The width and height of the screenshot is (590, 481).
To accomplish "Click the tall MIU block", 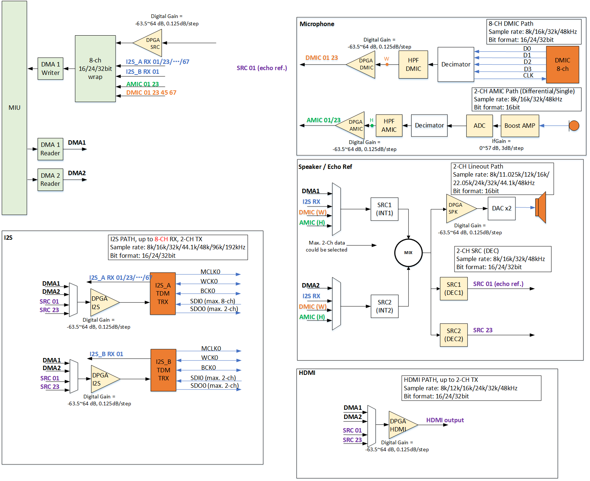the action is (14, 108).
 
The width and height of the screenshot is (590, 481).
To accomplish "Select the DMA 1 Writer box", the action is (50, 69).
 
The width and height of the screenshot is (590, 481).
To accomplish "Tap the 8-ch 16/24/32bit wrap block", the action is (95, 69).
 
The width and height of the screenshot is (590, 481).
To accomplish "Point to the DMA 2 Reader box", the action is (50, 180).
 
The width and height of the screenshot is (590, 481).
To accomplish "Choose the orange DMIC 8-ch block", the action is (562, 65).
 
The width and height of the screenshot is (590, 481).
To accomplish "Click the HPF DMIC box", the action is (413, 65).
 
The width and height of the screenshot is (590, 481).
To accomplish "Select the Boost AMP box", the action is (520, 126).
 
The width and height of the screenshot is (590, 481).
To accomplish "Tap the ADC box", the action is (479, 126).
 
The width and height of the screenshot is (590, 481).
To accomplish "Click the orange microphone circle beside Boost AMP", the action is (574, 126).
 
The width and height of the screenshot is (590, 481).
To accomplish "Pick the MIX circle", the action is (408, 253).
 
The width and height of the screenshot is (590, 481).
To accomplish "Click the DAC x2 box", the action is (502, 209).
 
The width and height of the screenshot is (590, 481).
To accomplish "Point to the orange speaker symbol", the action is (541, 207).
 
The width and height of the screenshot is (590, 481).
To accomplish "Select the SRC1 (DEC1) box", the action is (453, 289).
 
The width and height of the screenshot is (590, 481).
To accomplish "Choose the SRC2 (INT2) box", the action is (384, 306).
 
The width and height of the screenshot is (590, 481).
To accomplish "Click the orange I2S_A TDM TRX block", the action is (163, 293).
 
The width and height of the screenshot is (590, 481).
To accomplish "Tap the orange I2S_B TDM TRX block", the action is (163, 370).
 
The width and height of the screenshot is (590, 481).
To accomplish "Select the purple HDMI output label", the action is (445, 420).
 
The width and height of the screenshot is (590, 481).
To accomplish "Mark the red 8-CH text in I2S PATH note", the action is (161, 239).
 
